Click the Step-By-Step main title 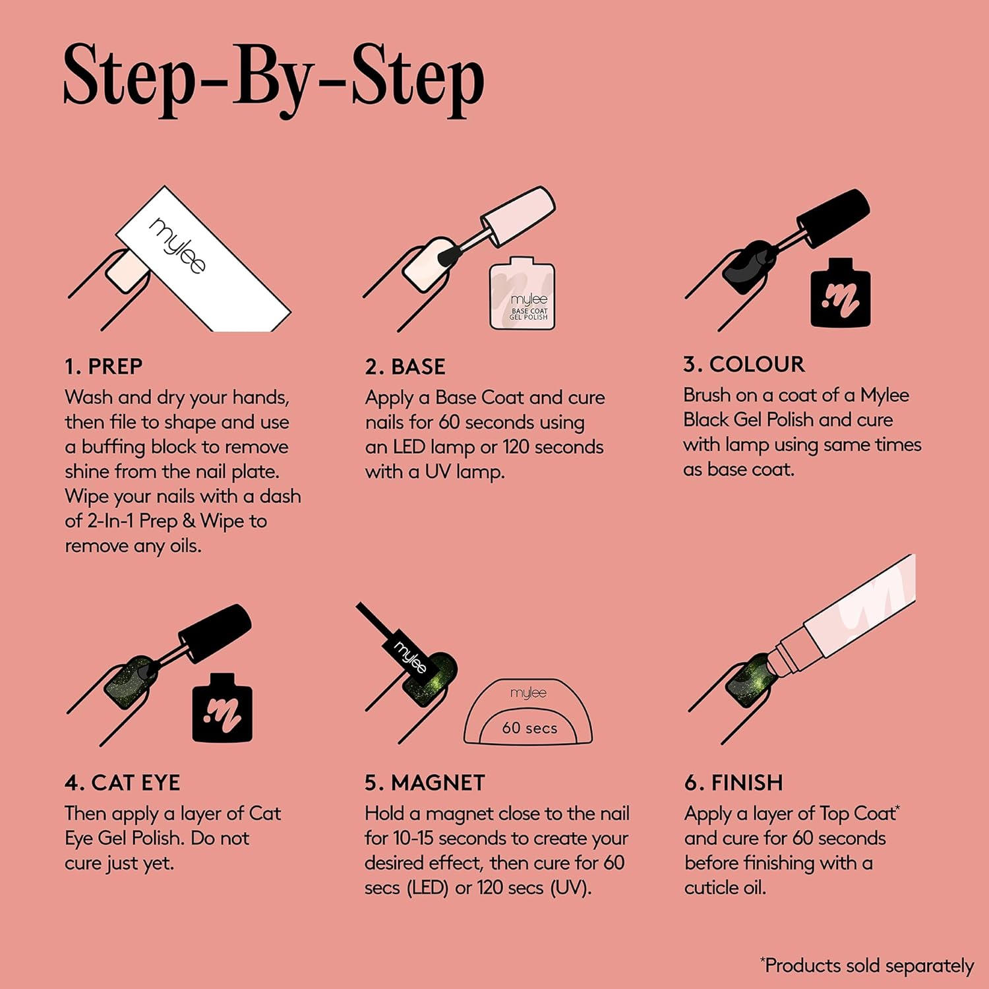pos(274,79)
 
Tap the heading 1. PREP pos(104,367)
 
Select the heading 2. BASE pos(405,367)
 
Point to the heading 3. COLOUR pos(744,364)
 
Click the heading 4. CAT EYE pos(122,783)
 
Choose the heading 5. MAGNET pos(425,783)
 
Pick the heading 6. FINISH pos(734,783)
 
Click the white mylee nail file pos(203,258)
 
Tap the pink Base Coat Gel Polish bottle pos(522,293)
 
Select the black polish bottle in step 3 pos(840,293)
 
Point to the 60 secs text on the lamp pos(529,728)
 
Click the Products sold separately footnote pos(866,965)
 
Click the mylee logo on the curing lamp pos(529,692)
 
